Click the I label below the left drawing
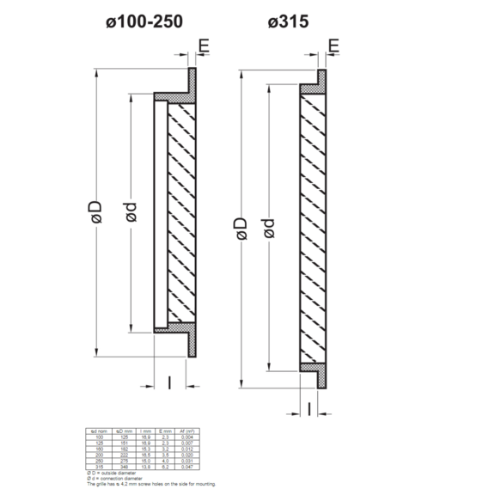(x=169, y=382)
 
